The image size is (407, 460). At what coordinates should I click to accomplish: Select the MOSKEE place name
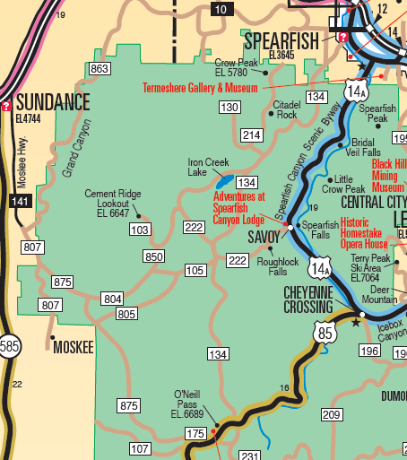click(73, 347)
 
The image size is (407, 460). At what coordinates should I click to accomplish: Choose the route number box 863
click(100, 69)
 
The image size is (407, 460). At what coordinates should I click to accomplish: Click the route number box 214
click(251, 135)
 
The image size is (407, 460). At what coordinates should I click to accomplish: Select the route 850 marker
click(154, 257)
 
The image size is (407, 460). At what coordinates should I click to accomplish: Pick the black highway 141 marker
click(20, 201)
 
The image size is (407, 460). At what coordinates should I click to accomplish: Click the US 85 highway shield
click(325, 333)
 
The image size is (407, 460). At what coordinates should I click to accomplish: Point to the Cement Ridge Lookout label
click(112, 203)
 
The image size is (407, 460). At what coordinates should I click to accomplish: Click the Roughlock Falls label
click(272, 265)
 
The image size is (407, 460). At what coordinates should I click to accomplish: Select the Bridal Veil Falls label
click(365, 147)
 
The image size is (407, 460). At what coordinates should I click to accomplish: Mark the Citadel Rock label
click(286, 109)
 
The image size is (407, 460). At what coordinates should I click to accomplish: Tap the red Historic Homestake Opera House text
click(363, 231)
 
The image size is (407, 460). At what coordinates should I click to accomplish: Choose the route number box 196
click(369, 351)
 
